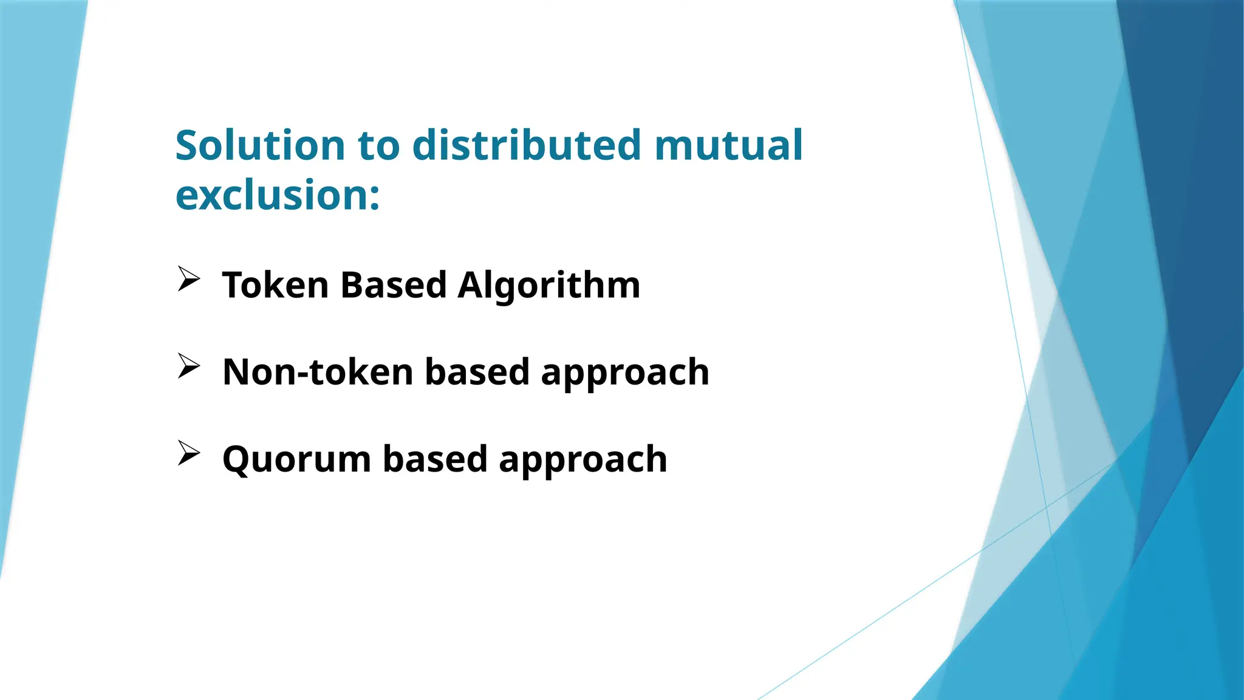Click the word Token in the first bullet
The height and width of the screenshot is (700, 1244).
(275, 285)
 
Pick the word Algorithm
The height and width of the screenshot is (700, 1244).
(549, 285)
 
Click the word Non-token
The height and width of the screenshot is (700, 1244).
(318, 372)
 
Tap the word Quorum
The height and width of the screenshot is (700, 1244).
(296, 459)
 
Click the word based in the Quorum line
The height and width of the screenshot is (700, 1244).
(435, 459)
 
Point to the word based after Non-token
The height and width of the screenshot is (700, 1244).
(477, 372)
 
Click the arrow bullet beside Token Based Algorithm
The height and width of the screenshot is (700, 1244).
(189, 280)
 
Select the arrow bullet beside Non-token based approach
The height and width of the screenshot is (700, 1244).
(189, 366)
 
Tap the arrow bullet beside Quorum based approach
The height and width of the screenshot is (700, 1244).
(189, 453)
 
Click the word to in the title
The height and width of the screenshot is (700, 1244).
(379, 146)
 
